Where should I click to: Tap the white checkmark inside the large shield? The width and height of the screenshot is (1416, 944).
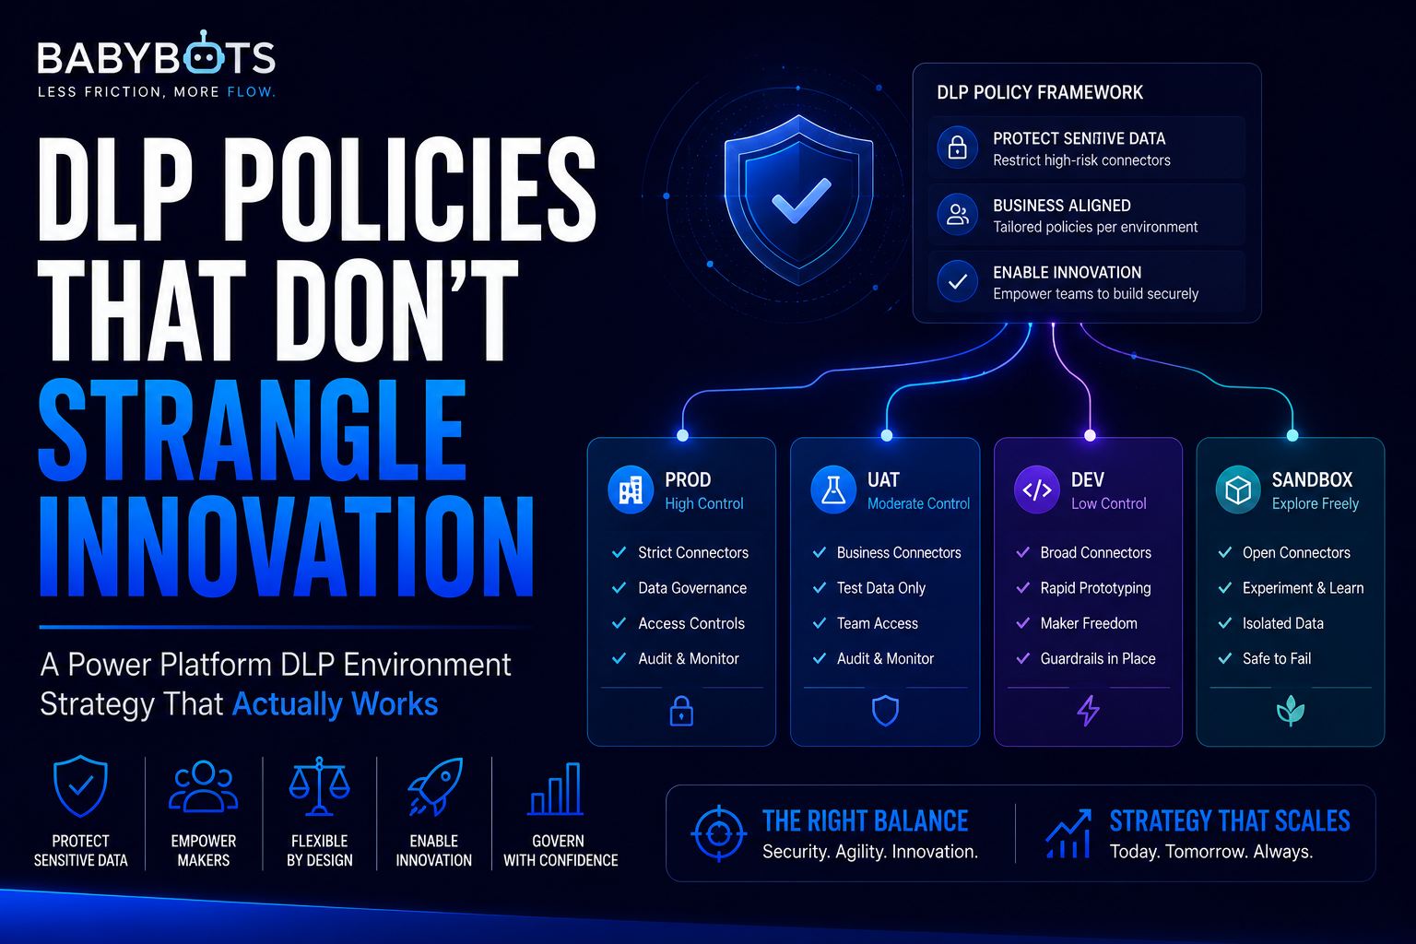coord(801,200)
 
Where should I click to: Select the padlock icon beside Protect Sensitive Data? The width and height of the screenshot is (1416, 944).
coord(958,147)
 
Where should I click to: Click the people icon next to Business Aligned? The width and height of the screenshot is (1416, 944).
coord(958,215)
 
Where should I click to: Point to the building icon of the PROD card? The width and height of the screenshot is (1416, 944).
coord(631,490)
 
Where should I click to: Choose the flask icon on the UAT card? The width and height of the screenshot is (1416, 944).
coord(833,490)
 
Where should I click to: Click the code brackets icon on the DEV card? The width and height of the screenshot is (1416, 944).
coord(1037,490)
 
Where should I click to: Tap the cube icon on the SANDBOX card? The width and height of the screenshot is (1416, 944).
coord(1238,490)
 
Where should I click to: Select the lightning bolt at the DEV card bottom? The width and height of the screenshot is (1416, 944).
coord(1088,711)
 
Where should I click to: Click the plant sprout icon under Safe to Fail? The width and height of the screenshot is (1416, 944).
coord(1291,711)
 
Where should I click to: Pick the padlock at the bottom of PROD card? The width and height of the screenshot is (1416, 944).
coord(681,711)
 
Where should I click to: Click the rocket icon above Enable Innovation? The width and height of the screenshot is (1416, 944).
coord(435,787)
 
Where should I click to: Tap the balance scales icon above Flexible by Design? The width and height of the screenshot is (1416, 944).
coord(319,786)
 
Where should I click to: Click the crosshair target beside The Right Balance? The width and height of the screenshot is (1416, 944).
coord(719,834)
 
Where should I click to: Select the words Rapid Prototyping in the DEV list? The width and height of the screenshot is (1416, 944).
coord(1095,588)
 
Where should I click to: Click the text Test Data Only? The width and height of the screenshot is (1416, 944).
coord(881,588)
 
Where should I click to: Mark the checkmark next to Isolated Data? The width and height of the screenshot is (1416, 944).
coord(1224,623)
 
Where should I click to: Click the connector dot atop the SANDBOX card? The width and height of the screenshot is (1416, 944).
coord(1292,435)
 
